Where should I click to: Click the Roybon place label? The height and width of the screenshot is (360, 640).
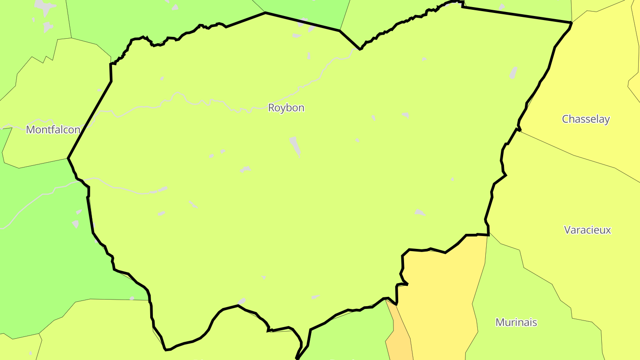(286, 108)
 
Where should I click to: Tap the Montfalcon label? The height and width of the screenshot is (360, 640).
(53, 130)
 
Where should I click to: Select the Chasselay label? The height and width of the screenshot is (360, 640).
(586, 119)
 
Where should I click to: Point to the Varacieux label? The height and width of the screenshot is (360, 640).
(587, 230)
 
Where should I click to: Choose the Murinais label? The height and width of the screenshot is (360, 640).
(516, 322)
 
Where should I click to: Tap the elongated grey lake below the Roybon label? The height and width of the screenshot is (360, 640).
(295, 146)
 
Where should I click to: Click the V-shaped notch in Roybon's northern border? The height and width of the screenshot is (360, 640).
(360, 48)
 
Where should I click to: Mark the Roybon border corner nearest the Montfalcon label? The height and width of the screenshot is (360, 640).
(68, 158)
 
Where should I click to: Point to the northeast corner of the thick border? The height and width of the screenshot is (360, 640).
(571, 22)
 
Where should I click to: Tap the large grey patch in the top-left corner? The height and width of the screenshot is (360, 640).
(44, 7)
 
